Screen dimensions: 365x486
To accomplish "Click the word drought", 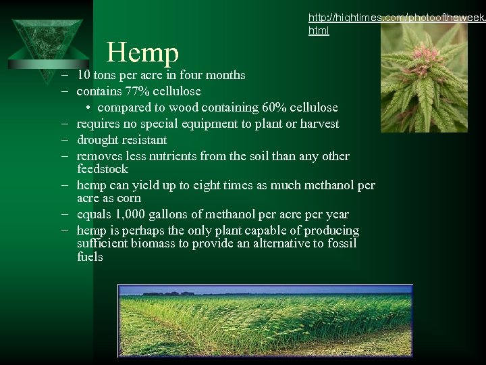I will click(99, 140).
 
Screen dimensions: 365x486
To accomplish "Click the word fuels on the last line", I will click(90, 257).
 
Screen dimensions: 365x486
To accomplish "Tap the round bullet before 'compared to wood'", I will click(88, 108).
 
